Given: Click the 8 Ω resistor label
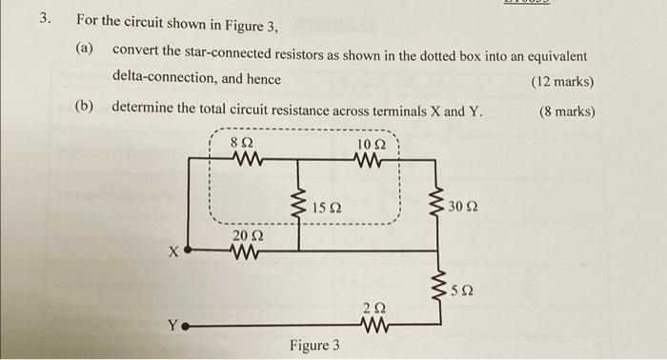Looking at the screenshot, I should tap(243, 143).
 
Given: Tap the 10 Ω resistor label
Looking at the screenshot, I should tap(371, 144).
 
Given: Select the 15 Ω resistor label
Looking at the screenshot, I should tap(327, 207).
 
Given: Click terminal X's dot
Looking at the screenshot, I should tap(187, 252).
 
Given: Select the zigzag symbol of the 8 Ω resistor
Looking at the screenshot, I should tap(245, 160).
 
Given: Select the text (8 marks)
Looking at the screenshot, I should tap(566, 111).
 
